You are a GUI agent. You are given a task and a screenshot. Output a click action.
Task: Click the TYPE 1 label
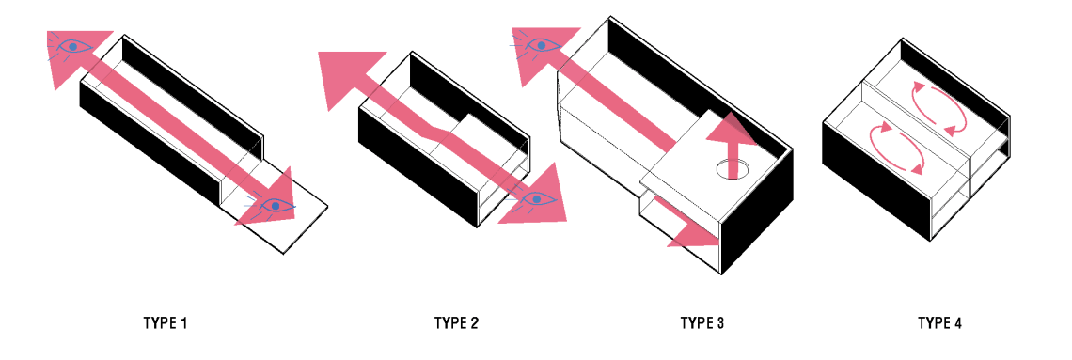coord(165,323)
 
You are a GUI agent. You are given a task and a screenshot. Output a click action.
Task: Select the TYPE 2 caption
coord(456,323)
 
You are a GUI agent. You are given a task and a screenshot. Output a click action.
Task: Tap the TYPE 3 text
coord(702,323)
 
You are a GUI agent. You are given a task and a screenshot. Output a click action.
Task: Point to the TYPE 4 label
coord(939,323)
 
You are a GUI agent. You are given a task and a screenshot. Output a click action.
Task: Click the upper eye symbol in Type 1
coord(71,46)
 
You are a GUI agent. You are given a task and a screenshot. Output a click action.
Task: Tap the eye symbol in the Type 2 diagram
coord(537,198)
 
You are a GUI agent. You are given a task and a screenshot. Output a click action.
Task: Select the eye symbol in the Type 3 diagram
coord(540,46)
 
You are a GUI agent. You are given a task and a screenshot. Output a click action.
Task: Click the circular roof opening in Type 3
coord(733,169)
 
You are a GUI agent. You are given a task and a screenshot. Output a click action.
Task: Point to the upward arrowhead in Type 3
coord(731,129)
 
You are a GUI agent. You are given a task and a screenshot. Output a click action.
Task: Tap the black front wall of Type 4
coord(876,180)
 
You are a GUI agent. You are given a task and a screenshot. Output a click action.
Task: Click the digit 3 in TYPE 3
coord(719,323)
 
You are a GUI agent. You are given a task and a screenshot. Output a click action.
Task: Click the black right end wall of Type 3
coord(758,211)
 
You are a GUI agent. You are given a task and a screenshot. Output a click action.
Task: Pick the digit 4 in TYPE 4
coord(957,323)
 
